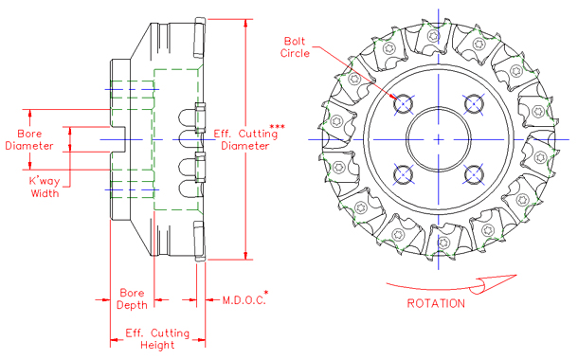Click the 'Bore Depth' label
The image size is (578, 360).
132,298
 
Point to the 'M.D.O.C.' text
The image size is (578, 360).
242,299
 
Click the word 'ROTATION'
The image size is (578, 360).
436,304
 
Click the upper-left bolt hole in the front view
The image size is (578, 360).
405,102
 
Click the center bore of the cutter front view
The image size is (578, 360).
440,138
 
